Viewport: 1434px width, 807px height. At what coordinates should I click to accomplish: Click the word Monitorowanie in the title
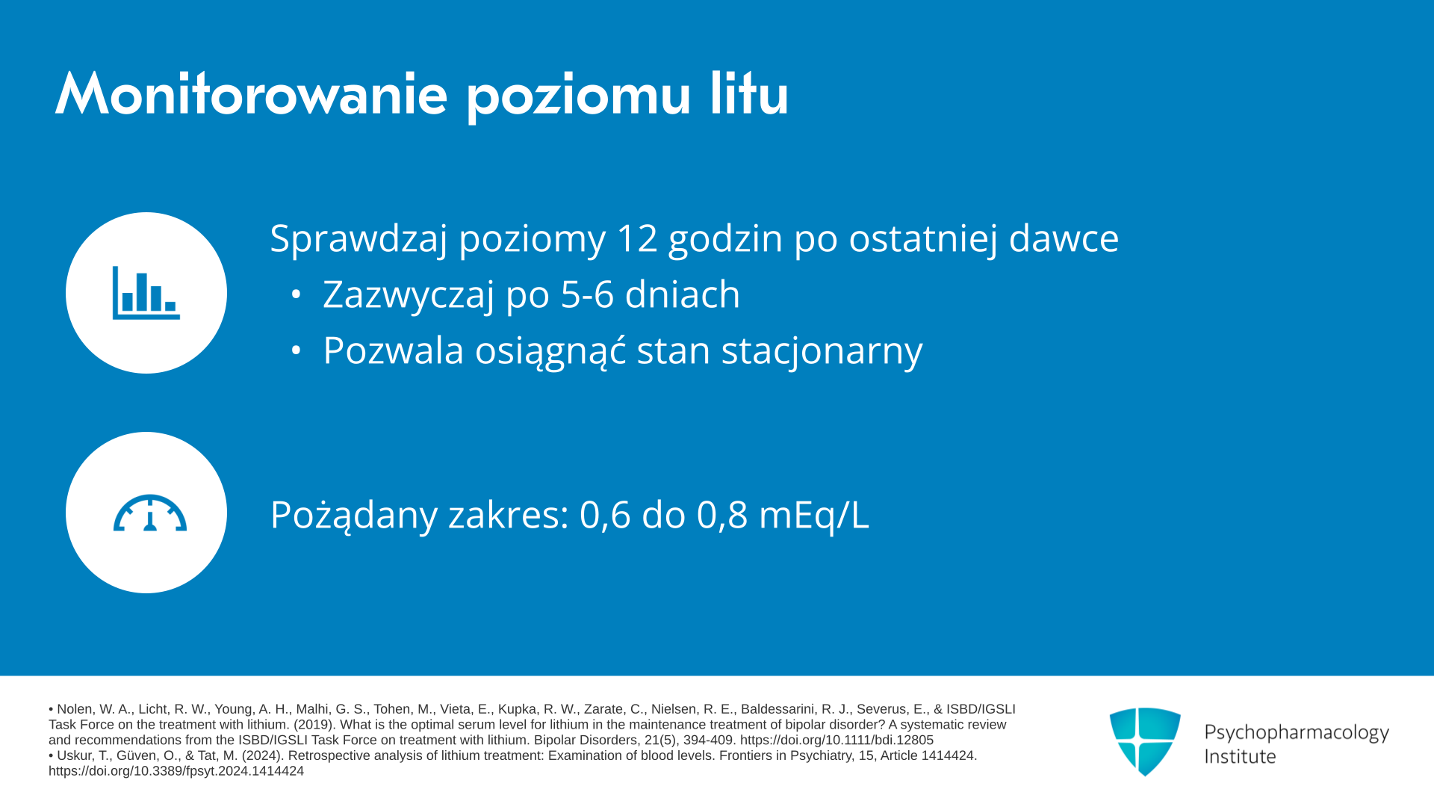tap(252, 94)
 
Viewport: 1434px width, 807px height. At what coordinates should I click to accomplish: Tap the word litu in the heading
tap(749, 94)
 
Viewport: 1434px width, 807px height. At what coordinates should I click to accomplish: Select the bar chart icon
tap(146, 293)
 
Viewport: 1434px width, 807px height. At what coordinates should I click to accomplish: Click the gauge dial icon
tap(150, 513)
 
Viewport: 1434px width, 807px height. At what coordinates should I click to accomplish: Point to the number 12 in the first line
tap(637, 238)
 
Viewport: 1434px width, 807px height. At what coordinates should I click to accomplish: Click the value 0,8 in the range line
tap(722, 516)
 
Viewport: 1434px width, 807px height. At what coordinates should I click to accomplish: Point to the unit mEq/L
tap(814, 516)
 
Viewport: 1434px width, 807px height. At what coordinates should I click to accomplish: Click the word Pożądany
tap(353, 516)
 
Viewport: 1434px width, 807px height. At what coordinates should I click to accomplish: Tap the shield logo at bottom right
tap(1145, 742)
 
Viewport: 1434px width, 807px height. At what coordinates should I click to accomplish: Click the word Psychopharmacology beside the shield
tap(1297, 733)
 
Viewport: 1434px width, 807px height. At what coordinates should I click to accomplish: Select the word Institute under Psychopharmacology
tap(1240, 757)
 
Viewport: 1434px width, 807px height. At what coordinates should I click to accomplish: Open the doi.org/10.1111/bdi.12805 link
tap(836, 740)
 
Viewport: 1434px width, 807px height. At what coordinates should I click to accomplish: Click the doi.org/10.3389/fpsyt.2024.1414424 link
tap(176, 771)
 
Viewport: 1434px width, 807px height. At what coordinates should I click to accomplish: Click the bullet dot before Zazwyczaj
tap(296, 294)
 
